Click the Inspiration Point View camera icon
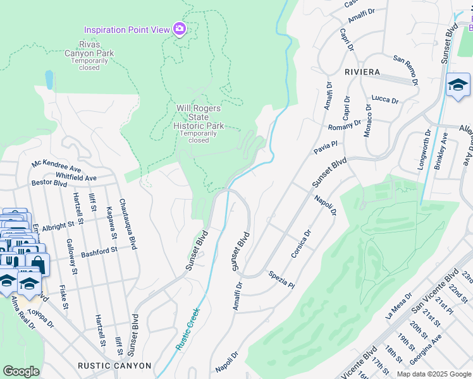coord(180,29)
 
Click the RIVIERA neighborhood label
coord(362,73)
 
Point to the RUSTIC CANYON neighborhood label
coord(114,366)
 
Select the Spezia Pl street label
coord(281,280)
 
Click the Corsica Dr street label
coord(301,244)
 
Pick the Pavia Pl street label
coord(322,149)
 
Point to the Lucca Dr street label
coord(385,100)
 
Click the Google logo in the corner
coord(21,371)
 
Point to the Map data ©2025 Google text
coord(434,374)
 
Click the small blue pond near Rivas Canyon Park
coord(49,79)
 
